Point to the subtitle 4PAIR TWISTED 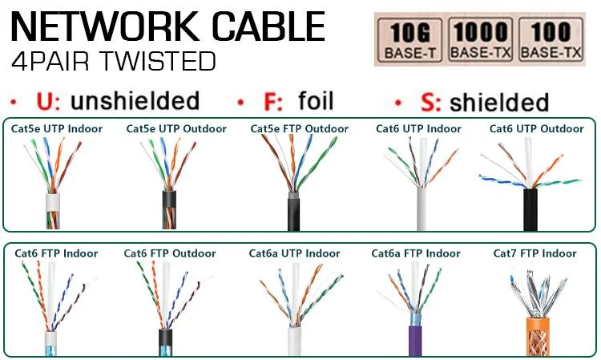[114, 62]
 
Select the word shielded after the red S [499, 103]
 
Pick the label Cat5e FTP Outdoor [300, 129]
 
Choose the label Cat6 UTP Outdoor [537, 129]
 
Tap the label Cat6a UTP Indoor [295, 253]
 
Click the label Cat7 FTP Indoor [535, 253]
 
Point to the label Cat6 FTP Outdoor [170, 253]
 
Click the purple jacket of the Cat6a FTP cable [415, 340]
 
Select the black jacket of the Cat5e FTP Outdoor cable [294, 215]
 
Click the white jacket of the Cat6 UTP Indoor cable [422, 212]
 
